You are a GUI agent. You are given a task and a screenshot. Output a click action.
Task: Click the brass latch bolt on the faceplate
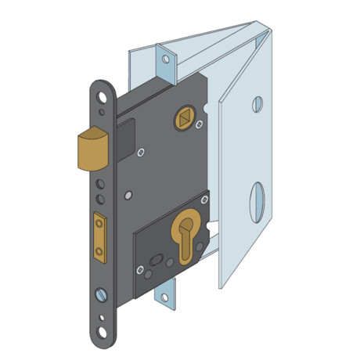click(92, 149)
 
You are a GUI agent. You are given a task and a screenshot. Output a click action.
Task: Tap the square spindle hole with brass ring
click(185, 119)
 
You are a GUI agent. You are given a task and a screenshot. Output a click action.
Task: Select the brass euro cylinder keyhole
click(185, 235)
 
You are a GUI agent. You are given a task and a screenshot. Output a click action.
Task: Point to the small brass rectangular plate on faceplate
click(99, 236)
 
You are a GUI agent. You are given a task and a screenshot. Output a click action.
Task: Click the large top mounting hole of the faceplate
click(102, 97)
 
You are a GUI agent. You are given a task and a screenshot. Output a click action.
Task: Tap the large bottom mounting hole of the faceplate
click(102, 333)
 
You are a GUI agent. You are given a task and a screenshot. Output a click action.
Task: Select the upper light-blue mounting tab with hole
click(166, 59)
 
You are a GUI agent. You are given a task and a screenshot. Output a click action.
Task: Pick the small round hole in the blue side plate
click(257, 104)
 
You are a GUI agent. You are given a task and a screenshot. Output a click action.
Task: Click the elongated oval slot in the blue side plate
click(257, 201)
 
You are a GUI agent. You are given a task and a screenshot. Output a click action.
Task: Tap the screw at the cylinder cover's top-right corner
click(204, 200)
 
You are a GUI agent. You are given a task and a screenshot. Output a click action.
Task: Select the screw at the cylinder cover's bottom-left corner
click(140, 270)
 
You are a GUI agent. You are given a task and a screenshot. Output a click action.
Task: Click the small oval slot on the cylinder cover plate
click(155, 259)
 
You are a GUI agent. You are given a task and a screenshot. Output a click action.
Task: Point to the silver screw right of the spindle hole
click(200, 124)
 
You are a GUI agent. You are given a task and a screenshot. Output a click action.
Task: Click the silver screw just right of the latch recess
click(141, 153)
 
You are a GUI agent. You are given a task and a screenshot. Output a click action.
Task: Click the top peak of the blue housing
click(257, 23)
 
